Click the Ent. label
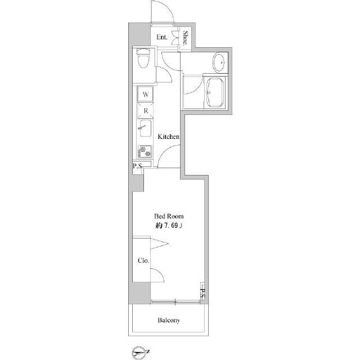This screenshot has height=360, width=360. click(x=162, y=37)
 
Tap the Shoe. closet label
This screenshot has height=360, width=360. click(x=185, y=38)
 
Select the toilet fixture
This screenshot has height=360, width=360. click(x=143, y=58)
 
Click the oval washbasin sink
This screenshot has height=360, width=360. click(x=220, y=62)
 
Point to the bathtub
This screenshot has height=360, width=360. click(x=215, y=92)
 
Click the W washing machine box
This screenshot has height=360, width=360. click(x=145, y=94)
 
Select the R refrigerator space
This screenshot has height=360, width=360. click(x=146, y=111)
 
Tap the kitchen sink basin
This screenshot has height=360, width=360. click(x=145, y=128)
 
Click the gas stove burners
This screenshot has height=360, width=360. click(x=145, y=152)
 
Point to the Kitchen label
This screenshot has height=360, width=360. click(x=169, y=137)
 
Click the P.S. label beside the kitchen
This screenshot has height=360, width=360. click(x=138, y=166)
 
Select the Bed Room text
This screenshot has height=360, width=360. click(x=169, y=216)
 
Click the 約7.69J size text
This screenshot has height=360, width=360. click(x=169, y=226)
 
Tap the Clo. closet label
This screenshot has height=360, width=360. click(x=143, y=260)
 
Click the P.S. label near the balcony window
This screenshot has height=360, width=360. click(x=202, y=294)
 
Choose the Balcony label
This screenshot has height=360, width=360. click(x=169, y=320)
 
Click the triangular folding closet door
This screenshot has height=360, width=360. click(x=159, y=244)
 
